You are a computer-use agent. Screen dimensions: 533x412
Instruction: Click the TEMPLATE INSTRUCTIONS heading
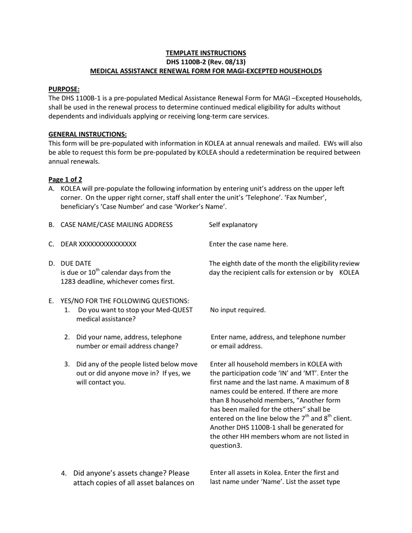pyautogui.click(x=206, y=53)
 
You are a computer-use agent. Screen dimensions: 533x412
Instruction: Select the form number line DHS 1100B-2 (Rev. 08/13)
pyautogui.click(x=206, y=62)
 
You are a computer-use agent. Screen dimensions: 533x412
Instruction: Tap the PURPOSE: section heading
pyautogui.click(x=64, y=89)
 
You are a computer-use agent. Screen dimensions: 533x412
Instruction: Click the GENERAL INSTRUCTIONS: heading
pyautogui.click(x=87, y=134)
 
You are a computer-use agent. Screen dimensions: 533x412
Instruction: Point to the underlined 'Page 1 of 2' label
pyautogui.click(x=65, y=179)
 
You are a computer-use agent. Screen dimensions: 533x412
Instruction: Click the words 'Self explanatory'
pyautogui.click(x=233, y=224)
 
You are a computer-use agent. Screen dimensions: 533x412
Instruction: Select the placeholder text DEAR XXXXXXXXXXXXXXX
pyautogui.click(x=98, y=244)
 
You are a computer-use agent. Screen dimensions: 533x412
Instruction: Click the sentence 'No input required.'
pyautogui.click(x=238, y=310)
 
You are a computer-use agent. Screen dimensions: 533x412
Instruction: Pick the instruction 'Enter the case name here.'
pyautogui.click(x=248, y=244)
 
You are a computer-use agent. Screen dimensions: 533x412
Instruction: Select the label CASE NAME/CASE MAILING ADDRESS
pyautogui.click(x=116, y=224)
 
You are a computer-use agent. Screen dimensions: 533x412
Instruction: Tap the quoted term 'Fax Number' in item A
pyautogui.click(x=307, y=198)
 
